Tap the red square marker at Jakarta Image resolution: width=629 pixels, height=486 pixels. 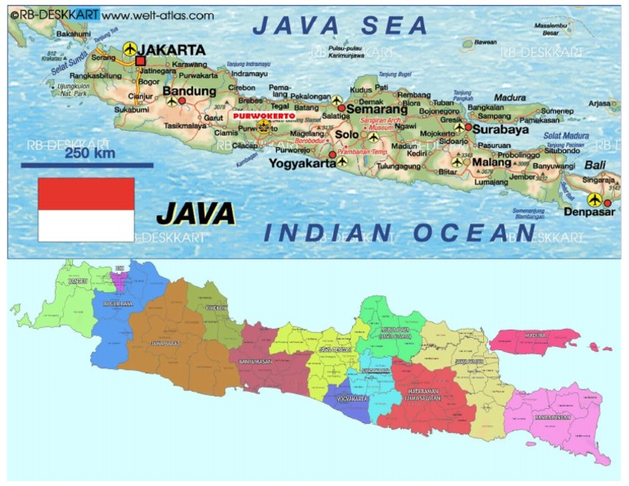coord(140,61)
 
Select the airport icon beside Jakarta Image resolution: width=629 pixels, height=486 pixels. coord(129,48)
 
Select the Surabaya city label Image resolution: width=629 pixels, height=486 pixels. coord(500,128)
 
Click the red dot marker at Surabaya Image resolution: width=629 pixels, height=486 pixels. coord(468,128)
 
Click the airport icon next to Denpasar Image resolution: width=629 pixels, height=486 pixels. coord(594,200)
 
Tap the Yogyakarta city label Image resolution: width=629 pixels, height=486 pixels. coord(302,163)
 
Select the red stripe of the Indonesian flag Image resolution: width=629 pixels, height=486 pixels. coord(86,194)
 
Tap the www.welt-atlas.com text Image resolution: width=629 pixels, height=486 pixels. coord(159,15)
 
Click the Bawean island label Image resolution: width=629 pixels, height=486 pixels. coord(485,42)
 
